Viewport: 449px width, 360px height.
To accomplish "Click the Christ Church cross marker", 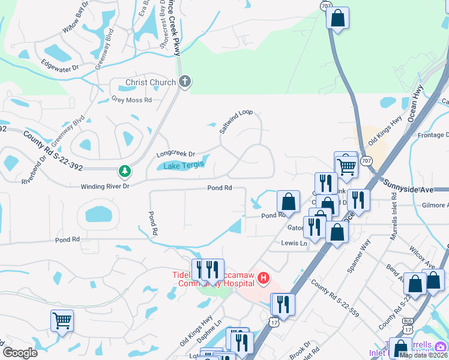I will pos(185,82).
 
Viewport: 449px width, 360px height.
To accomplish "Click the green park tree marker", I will pos(125,172).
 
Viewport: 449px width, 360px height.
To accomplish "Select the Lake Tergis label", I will pos(184,165).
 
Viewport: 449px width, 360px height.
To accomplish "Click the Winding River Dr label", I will pos(105,187).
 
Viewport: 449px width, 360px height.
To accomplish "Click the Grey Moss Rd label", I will pos(131,100).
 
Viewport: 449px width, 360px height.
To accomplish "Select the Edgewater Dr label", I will pos(60,64).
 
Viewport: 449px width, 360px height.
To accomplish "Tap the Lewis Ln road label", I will pos(294,243).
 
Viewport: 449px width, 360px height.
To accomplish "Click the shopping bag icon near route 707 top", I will pos(337,17).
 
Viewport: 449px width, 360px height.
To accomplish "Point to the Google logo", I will pos(20,353).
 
